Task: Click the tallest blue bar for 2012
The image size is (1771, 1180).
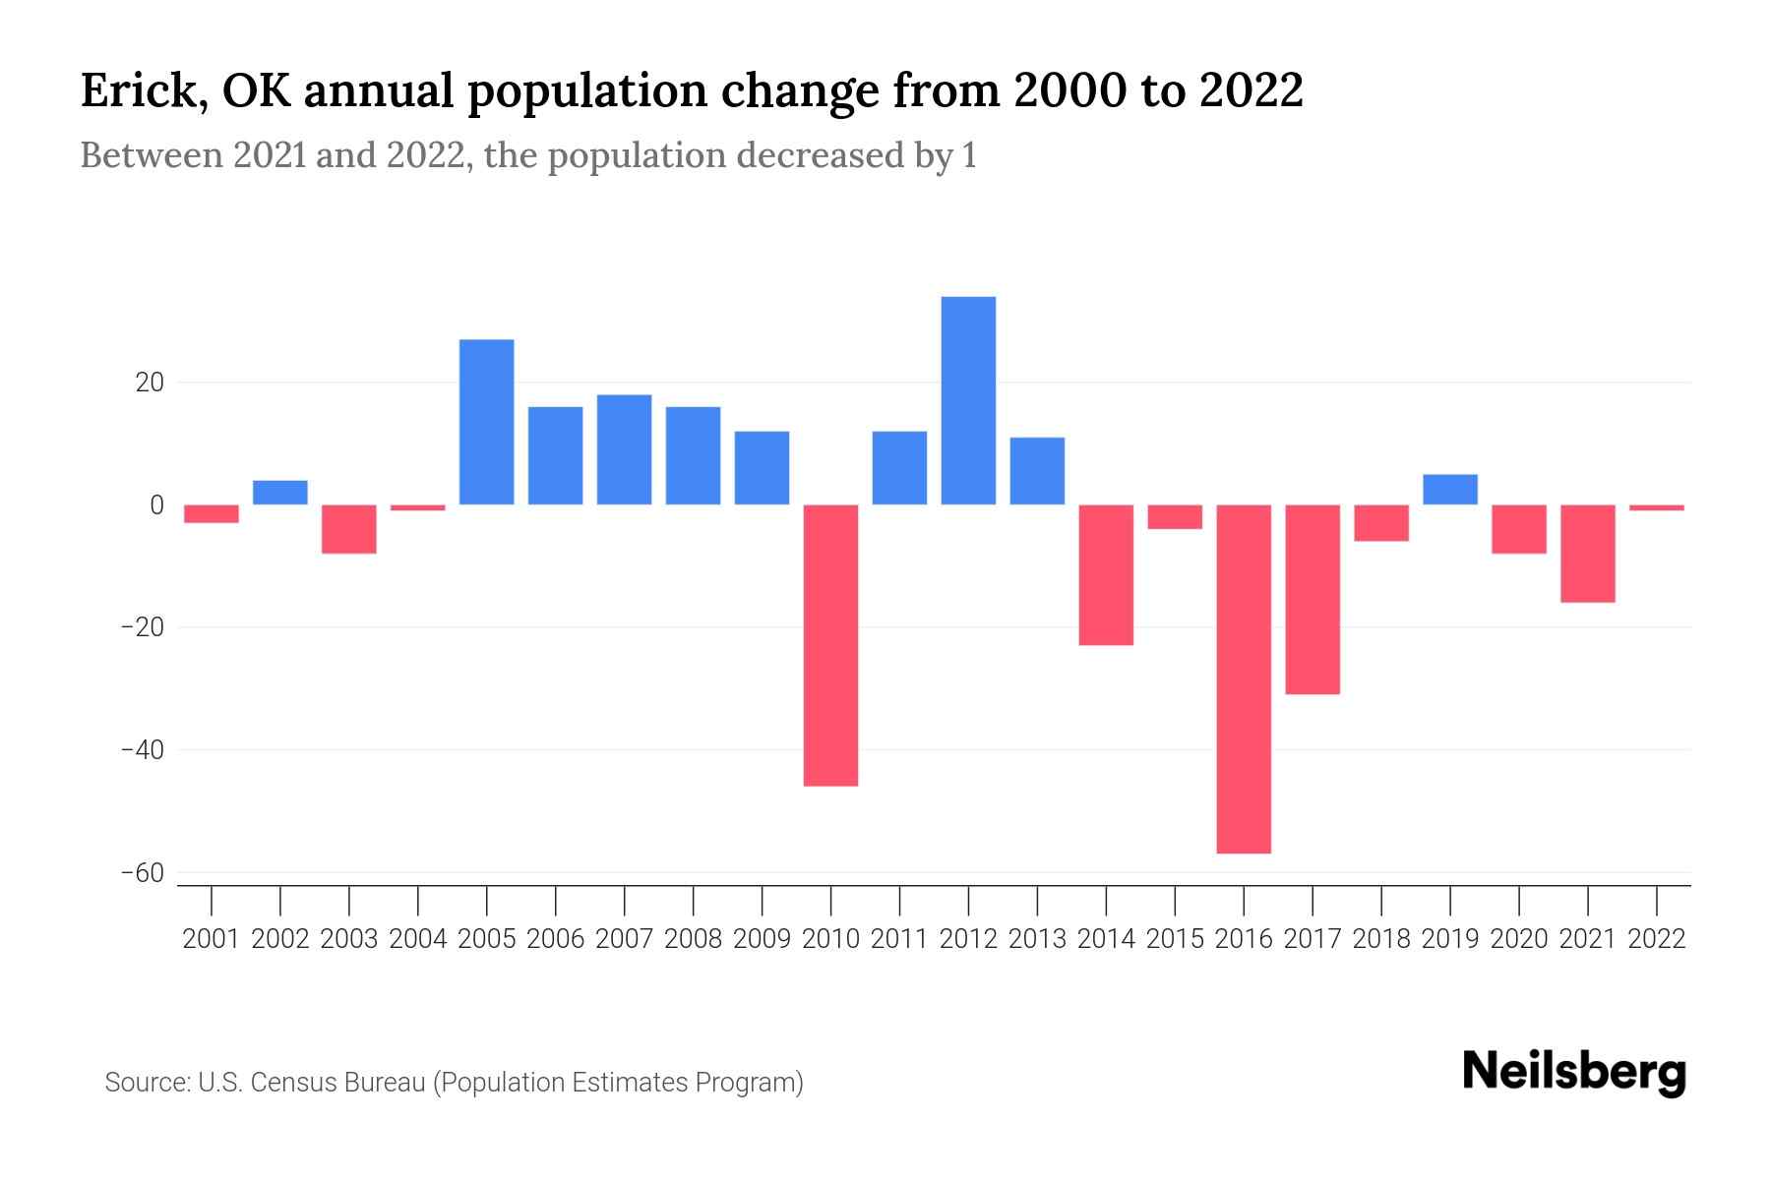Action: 968,400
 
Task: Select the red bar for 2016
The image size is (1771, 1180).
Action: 1244,678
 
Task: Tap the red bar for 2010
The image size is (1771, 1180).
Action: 830,645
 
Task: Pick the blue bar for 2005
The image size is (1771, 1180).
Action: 486,422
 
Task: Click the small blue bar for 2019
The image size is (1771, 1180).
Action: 1450,490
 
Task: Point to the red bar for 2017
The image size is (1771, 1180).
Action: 1313,600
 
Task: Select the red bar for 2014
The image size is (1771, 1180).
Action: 1106,575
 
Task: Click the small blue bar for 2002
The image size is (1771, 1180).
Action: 280,493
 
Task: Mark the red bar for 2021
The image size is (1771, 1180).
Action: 1588,554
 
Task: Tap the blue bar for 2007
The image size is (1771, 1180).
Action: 624,449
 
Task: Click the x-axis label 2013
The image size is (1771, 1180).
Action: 1037,939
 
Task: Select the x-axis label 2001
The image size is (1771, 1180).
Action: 212,939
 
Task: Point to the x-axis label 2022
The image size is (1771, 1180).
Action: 1657,939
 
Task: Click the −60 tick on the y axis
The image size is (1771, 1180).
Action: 143,873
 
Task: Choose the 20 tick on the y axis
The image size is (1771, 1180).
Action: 150,383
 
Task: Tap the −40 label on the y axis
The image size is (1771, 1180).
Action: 143,750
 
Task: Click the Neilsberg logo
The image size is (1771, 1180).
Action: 1574,1073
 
